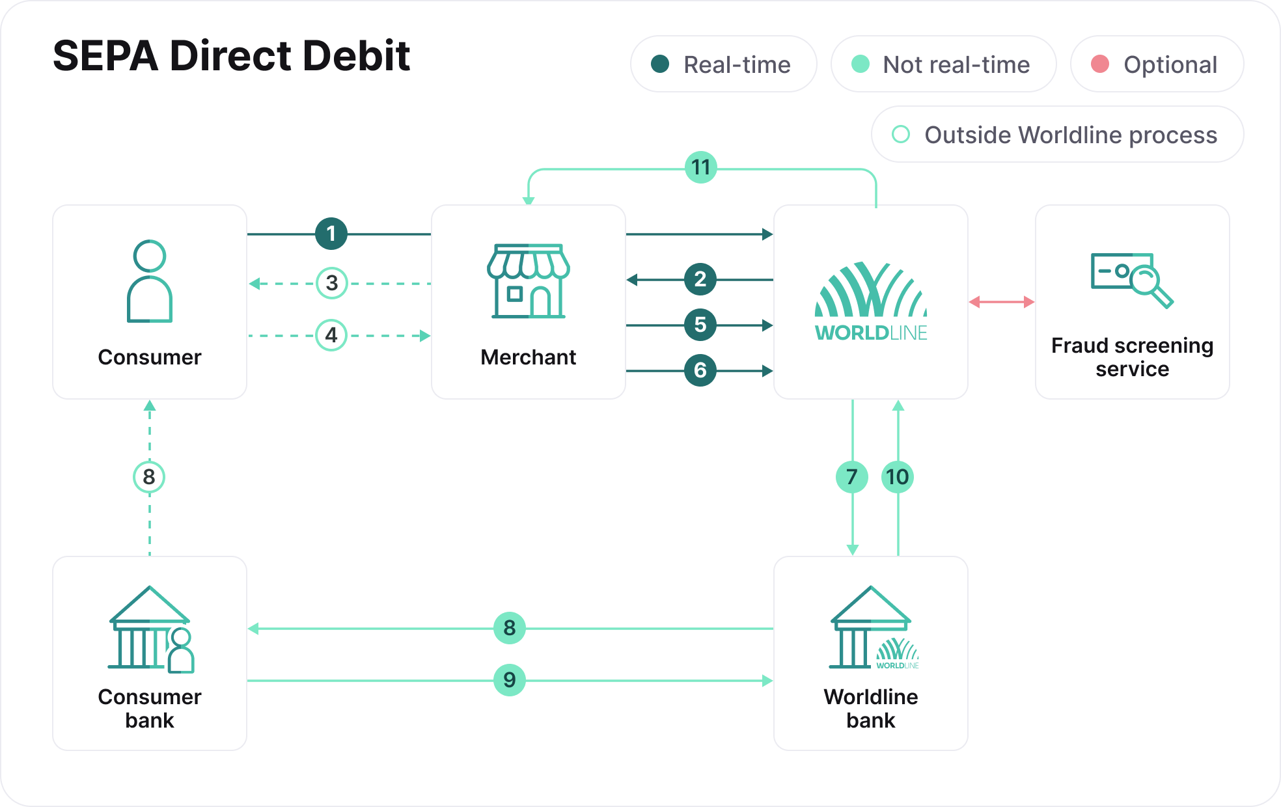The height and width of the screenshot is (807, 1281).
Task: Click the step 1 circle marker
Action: (331, 234)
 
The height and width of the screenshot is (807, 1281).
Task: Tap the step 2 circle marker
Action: (700, 280)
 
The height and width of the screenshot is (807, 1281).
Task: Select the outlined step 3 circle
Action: (331, 283)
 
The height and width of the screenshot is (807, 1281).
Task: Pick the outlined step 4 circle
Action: (331, 335)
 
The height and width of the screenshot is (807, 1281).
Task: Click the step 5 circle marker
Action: (700, 325)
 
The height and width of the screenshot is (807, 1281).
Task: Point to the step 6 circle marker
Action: (700, 370)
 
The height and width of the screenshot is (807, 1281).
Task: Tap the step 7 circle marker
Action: (851, 477)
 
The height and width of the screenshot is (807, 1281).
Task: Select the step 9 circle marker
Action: (509, 680)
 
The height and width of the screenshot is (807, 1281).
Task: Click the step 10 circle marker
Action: (898, 477)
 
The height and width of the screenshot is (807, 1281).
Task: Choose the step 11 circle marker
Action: (700, 168)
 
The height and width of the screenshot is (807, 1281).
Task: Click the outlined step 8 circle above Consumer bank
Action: (149, 477)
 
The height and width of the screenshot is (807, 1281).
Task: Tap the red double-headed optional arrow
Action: (1001, 302)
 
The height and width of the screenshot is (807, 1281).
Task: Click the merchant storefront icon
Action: (528, 280)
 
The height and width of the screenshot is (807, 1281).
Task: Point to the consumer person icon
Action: (150, 281)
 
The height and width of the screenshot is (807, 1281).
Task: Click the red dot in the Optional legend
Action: (1100, 64)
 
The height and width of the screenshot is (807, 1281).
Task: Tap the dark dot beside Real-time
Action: (660, 64)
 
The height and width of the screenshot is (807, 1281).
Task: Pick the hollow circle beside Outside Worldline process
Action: (901, 135)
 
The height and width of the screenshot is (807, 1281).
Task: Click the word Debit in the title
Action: (355, 56)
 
